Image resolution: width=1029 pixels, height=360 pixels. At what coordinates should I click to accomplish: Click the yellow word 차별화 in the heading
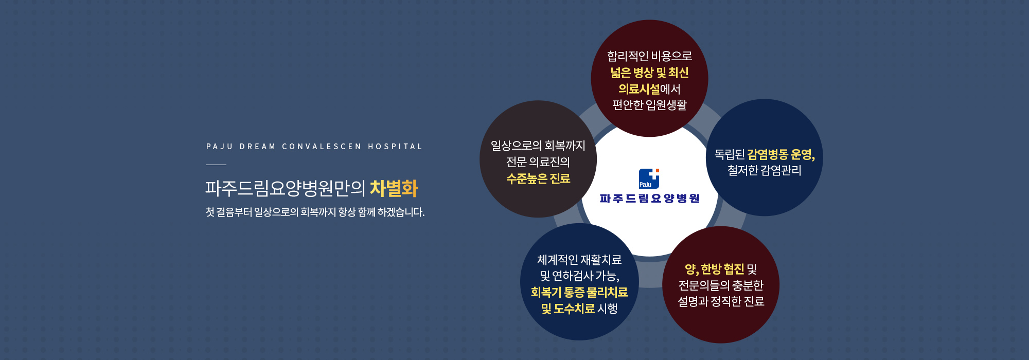point(394,188)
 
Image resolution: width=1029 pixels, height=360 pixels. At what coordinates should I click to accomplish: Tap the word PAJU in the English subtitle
point(220,147)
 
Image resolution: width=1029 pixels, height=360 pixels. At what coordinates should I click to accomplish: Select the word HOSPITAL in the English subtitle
point(395,147)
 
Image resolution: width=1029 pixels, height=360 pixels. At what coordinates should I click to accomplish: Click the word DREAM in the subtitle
point(258,147)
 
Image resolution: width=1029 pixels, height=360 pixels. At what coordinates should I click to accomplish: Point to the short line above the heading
point(216,165)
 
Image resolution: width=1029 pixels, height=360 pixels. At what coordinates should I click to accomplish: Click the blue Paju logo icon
point(649,178)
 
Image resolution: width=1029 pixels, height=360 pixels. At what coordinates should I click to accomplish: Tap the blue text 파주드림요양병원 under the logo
point(650,199)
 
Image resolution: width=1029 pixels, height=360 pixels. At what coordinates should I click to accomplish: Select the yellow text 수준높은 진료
point(538,178)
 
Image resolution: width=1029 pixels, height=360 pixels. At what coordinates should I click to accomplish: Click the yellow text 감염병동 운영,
point(781,154)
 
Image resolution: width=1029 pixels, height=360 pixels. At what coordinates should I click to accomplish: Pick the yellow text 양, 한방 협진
point(714,269)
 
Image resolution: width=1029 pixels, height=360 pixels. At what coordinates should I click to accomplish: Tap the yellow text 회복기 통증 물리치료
point(579,292)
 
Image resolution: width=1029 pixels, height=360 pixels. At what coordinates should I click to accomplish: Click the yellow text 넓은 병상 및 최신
point(650,73)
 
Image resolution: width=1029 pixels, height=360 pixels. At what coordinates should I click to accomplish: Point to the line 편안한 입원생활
point(650,105)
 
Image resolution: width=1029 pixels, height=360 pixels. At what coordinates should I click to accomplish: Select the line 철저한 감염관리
point(765,170)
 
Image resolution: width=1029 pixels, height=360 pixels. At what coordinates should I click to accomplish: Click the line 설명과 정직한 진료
point(721,301)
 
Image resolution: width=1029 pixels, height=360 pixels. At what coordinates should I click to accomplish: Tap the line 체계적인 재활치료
point(579,260)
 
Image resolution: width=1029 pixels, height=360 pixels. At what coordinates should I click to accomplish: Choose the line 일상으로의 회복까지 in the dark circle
point(538,146)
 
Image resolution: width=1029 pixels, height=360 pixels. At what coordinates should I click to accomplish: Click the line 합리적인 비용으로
point(650,56)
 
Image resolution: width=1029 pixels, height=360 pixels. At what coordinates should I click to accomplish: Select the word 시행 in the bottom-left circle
point(608,309)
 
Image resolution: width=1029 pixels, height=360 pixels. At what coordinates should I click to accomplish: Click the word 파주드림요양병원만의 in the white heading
point(285,188)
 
